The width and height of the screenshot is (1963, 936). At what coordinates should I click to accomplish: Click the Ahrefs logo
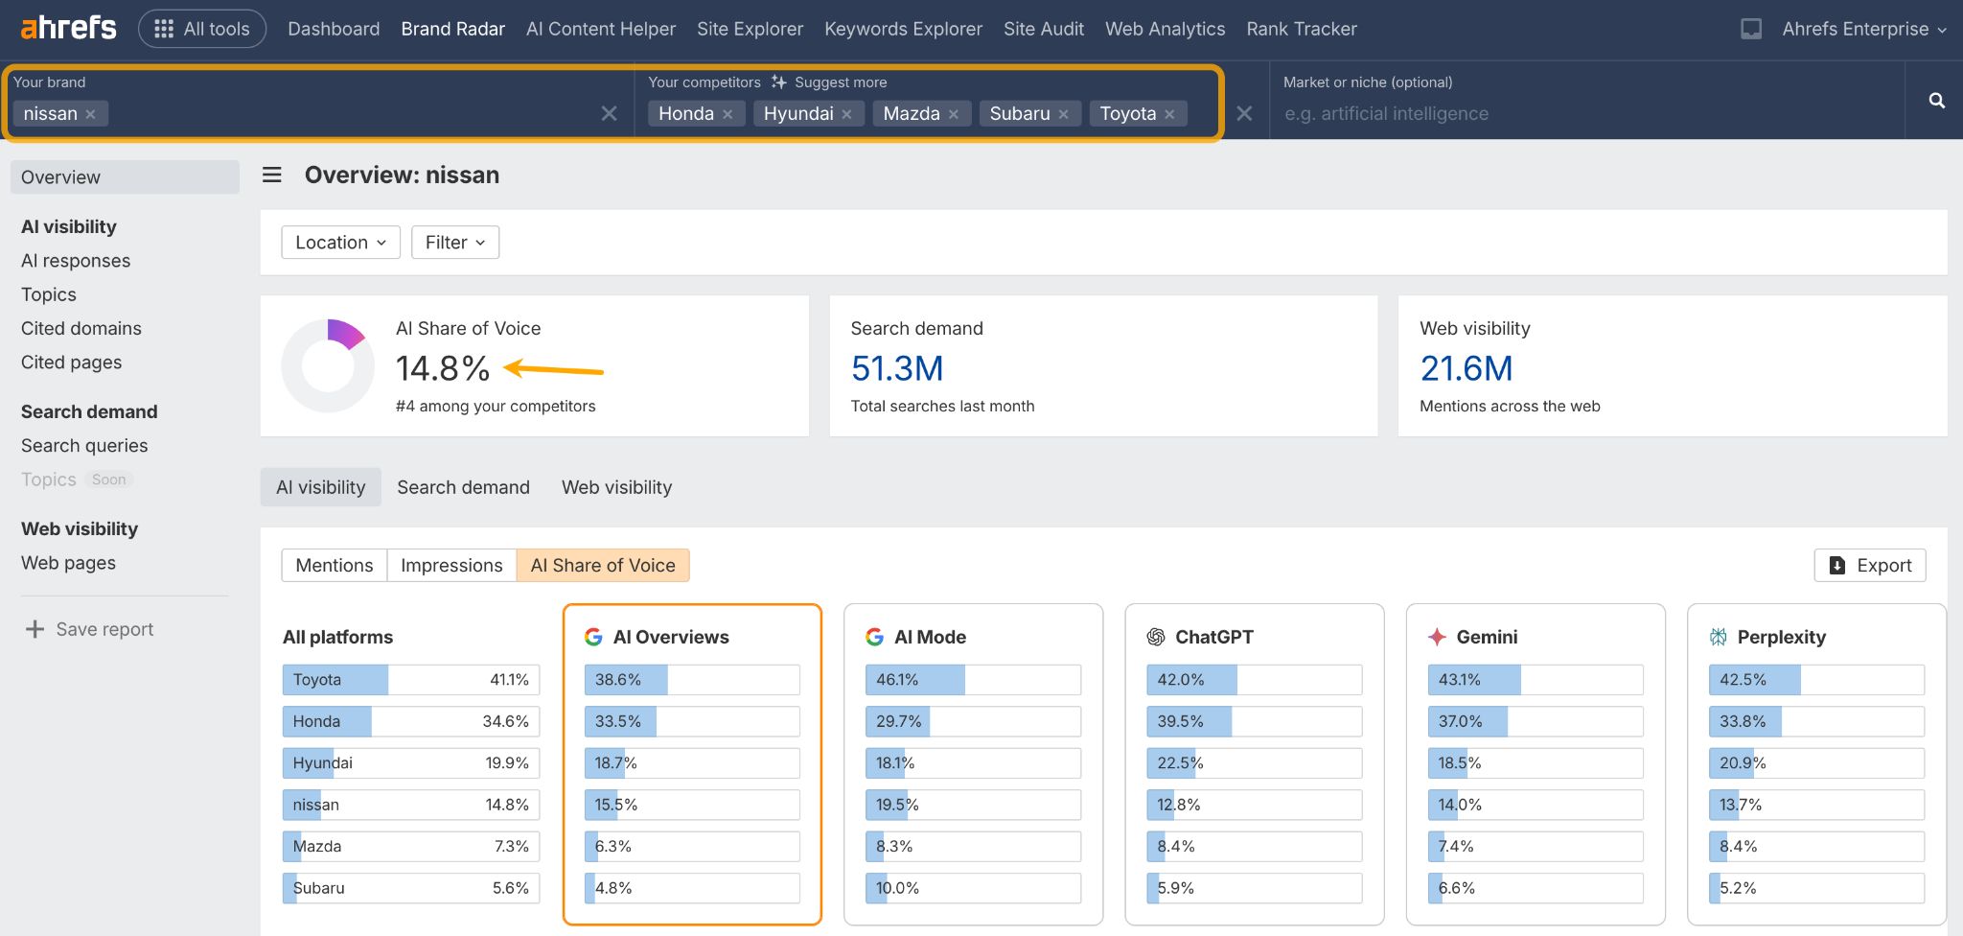pos(68,28)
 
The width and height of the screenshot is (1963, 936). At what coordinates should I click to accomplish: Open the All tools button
pos(202,29)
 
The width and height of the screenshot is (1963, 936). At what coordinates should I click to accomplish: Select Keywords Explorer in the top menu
pos(903,29)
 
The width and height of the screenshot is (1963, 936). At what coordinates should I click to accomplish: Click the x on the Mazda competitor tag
pos(954,114)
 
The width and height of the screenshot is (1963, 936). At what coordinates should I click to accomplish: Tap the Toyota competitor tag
pos(1127,113)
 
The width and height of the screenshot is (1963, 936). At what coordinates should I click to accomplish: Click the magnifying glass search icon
pos(1936,101)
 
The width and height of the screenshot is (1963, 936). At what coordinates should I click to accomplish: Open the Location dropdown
pos(340,243)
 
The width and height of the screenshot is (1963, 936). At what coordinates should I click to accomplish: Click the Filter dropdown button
pos(455,243)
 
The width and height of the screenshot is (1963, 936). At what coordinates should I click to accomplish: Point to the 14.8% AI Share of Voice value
pos(442,368)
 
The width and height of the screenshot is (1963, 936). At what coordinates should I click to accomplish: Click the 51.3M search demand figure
pos(897,368)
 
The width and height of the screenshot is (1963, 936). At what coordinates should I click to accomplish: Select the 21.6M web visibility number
pos(1466,368)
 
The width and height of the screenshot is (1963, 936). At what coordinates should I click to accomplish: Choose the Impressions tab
pos(451,565)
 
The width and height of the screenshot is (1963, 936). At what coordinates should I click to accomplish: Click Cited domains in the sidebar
pos(81,328)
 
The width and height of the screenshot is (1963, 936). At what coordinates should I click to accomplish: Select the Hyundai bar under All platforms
pos(410,763)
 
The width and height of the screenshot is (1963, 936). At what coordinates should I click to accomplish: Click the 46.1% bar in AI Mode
pos(973,680)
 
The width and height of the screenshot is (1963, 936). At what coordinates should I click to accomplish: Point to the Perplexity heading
pos(1780,637)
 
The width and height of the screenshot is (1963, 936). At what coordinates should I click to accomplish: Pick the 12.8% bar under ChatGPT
pos(1254,805)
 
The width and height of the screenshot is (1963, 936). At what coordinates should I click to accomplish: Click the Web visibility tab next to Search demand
pos(616,487)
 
